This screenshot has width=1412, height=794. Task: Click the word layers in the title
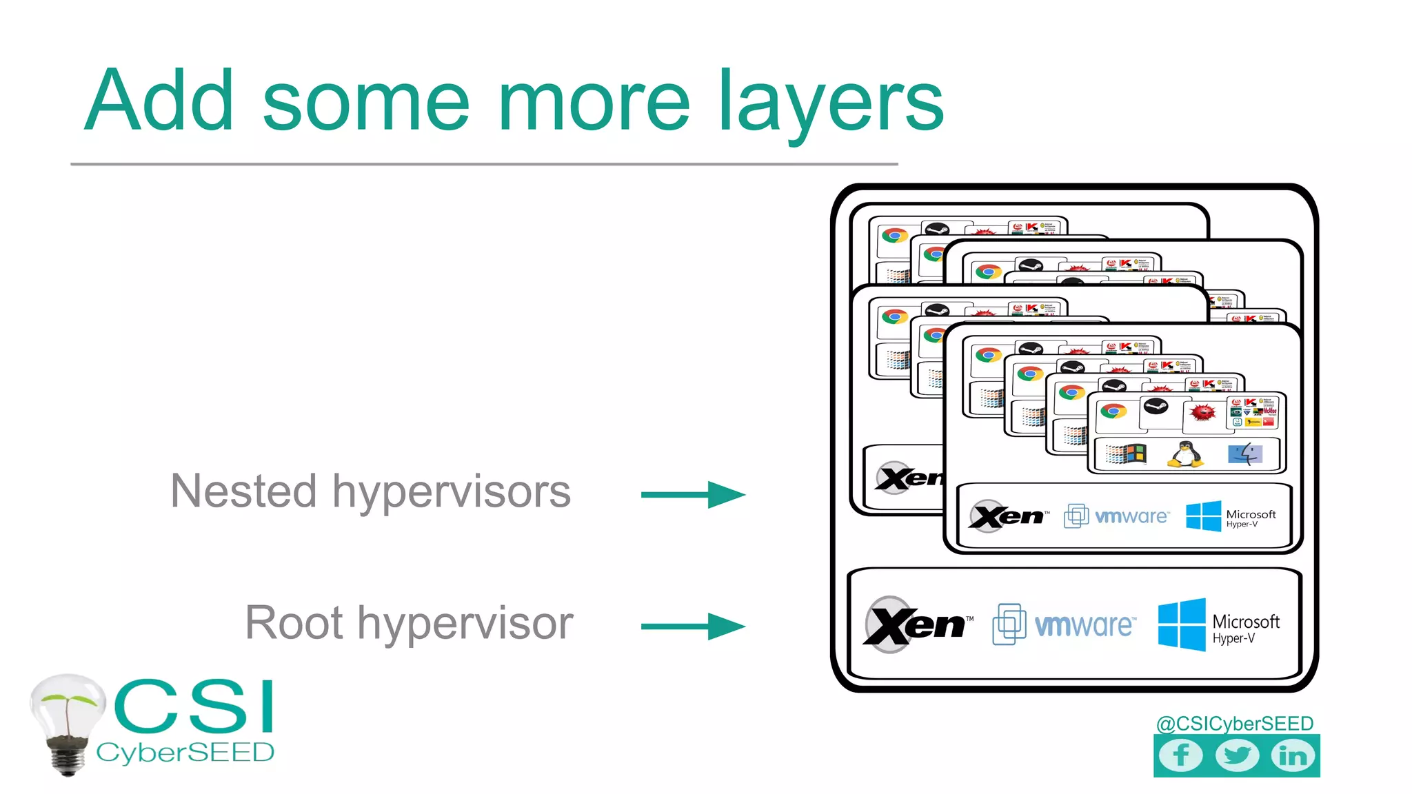(x=830, y=103)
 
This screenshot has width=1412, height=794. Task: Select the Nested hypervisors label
(x=371, y=492)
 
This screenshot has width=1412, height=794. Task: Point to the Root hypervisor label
(x=409, y=623)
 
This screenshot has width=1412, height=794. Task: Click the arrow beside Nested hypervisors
(x=693, y=494)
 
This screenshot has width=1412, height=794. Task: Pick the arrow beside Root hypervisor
(x=693, y=627)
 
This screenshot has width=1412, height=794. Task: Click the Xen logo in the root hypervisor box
(x=916, y=624)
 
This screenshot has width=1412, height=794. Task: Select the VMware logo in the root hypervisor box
(x=1064, y=624)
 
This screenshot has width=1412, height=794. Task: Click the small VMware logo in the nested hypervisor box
(x=1116, y=516)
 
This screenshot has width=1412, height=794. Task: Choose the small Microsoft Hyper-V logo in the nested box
(x=1231, y=516)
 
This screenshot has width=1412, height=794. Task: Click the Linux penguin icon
(x=1185, y=454)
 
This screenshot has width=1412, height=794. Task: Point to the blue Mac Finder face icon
(x=1245, y=454)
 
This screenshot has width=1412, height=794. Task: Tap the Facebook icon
(x=1180, y=755)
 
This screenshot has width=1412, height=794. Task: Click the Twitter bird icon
(x=1237, y=755)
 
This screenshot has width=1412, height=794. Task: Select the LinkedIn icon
(x=1293, y=755)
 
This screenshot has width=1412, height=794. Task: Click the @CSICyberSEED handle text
(x=1234, y=724)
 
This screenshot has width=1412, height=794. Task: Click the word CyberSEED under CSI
(x=185, y=753)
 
